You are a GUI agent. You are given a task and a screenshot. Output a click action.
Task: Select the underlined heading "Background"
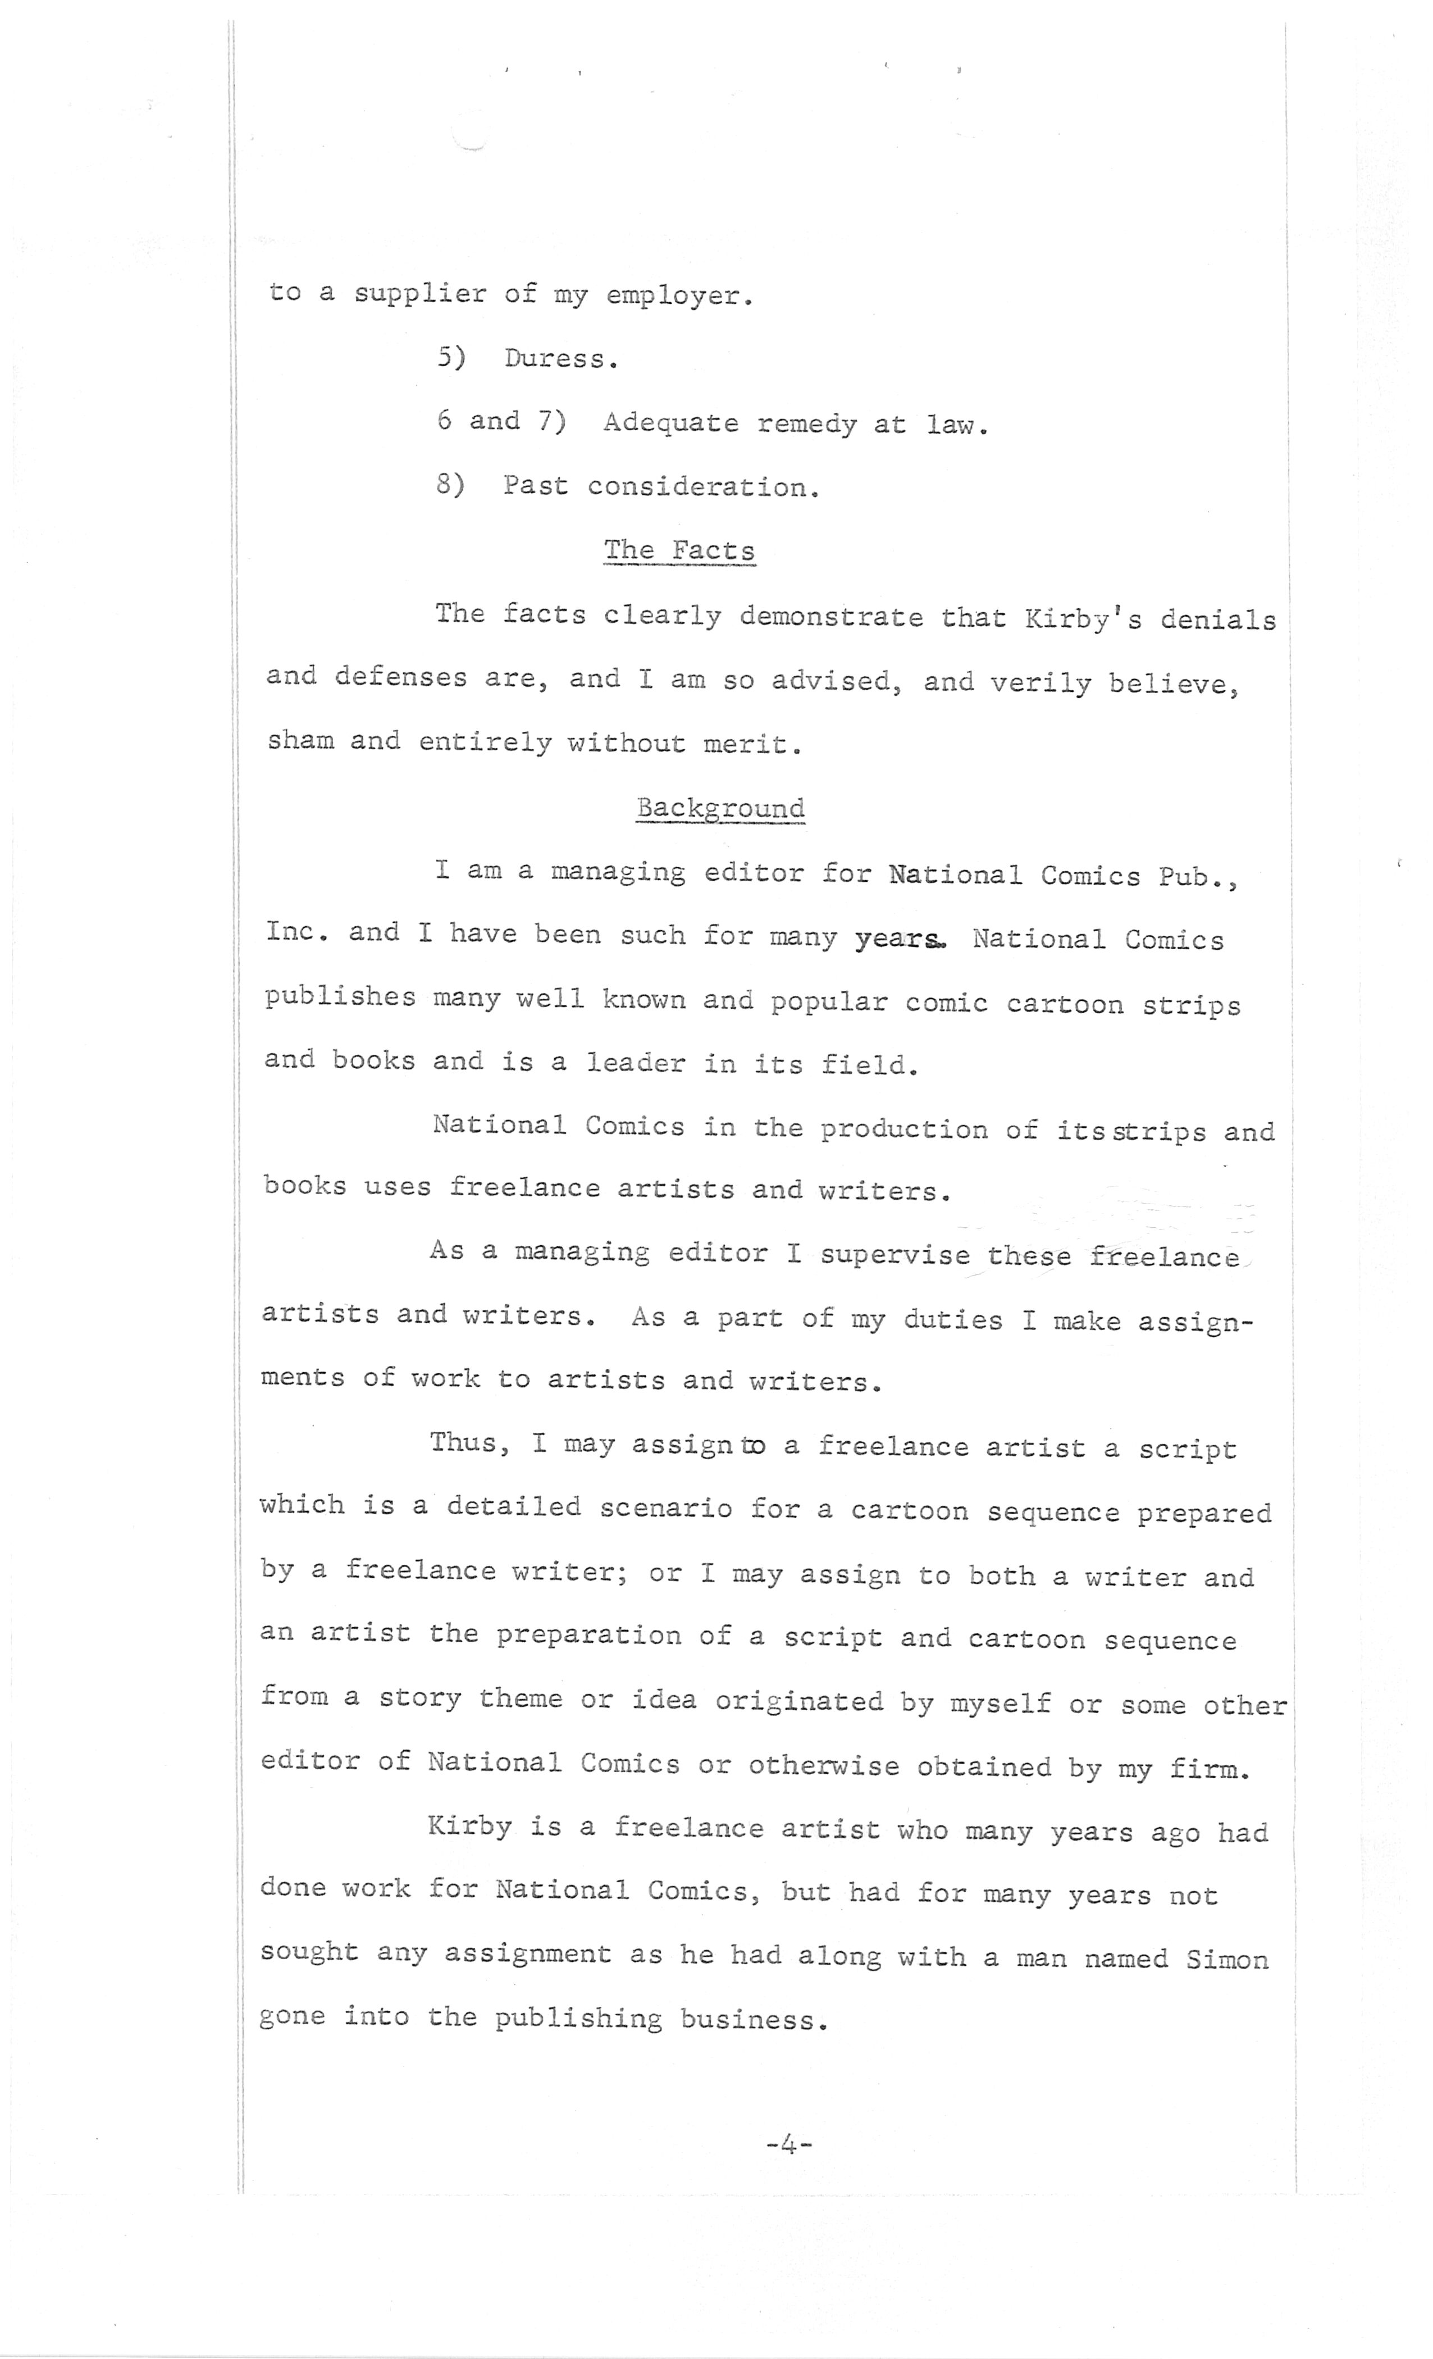point(720,808)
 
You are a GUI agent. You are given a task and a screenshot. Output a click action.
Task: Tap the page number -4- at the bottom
point(789,2146)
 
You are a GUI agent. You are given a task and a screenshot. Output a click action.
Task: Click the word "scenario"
point(667,1508)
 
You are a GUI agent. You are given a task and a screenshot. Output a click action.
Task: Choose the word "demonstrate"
point(831,617)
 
